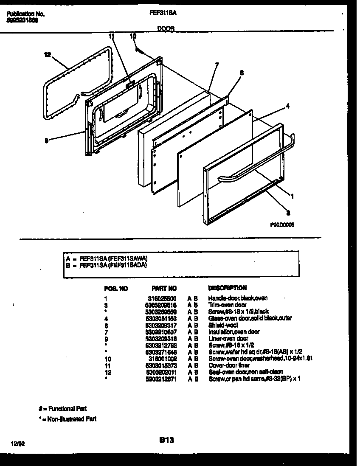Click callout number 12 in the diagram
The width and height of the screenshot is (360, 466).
(x=47, y=54)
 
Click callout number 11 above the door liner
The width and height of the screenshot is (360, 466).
(x=112, y=36)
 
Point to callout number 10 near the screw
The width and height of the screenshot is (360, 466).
(x=133, y=36)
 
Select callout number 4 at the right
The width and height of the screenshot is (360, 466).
(x=287, y=106)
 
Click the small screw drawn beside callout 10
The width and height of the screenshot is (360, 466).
(x=141, y=51)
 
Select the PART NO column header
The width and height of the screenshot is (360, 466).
(x=163, y=288)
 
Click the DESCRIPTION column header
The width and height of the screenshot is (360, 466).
(x=227, y=288)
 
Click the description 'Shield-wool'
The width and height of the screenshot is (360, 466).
(x=223, y=325)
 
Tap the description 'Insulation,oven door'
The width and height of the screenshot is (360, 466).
(x=234, y=332)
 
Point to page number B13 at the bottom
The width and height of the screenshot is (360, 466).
(x=167, y=441)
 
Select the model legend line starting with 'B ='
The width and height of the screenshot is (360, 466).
(x=107, y=265)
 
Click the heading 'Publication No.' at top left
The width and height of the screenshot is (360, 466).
(x=25, y=14)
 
